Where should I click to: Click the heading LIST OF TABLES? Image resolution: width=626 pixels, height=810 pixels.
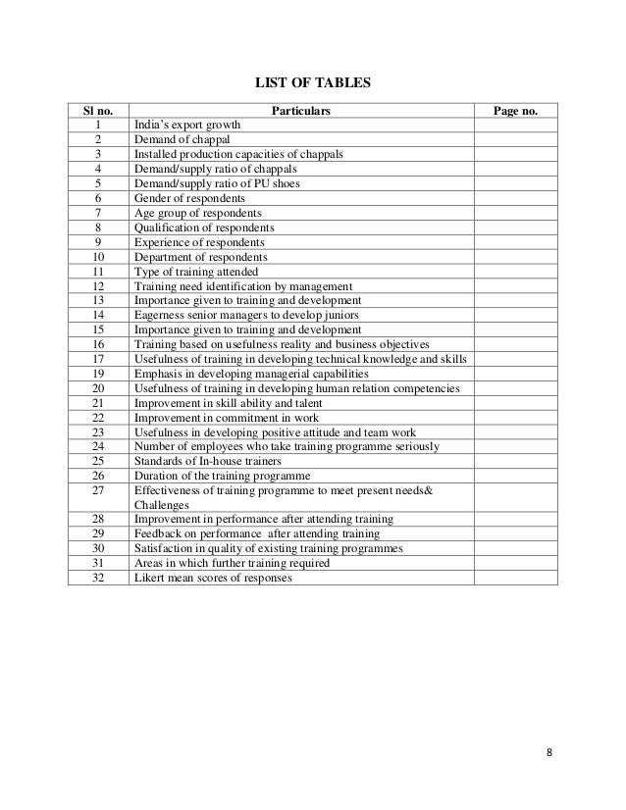(312, 84)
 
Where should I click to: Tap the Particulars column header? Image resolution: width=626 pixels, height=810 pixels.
(302, 112)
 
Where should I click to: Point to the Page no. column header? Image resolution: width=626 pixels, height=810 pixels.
(516, 112)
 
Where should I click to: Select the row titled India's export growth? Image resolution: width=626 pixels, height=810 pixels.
(187, 127)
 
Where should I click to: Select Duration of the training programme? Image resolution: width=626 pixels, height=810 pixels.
(215, 477)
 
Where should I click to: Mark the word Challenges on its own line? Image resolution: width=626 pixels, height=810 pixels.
(160, 505)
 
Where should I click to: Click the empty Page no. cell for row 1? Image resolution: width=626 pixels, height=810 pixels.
(516, 127)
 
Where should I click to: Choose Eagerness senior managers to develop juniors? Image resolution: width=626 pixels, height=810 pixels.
(246, 314)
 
